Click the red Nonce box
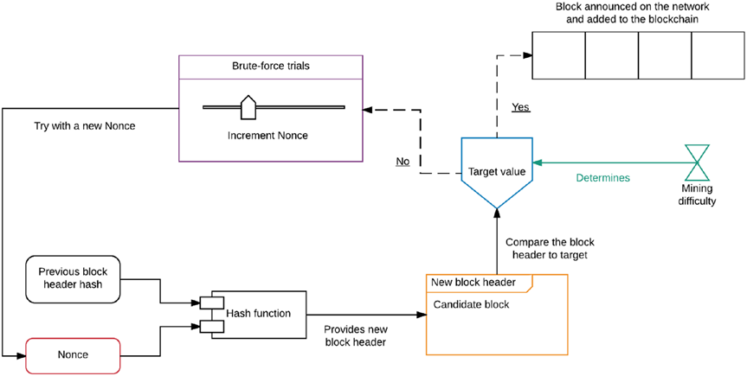tap(73, 355)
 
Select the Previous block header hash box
tap(73, 278)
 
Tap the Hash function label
tap(259, 313)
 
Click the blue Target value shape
tap(496, 171)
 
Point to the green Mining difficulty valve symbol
tap(695, 162)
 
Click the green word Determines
tap(603, 178)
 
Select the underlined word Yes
tap(520, 108)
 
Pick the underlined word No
tap(402, 162)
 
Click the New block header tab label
tap(473, 283)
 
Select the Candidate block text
tap(472, 305)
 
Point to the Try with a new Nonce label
tap(85, 126)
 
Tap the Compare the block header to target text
tap(550, 248)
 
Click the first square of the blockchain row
tap(558, 55)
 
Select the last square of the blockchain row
tap(718, 55)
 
